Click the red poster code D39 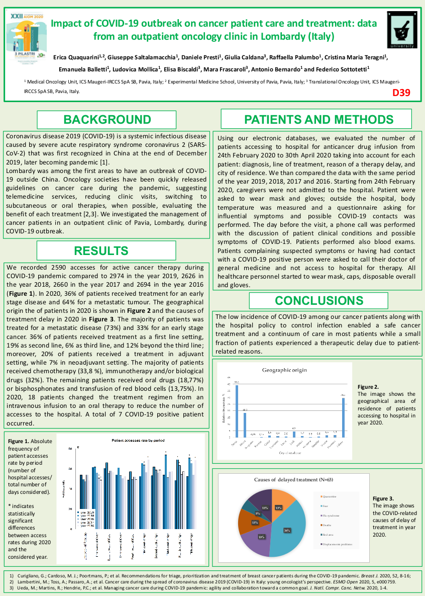[x=401, y=92]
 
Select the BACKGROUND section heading [x=107, y=120]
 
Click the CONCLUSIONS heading [x=318, y=301]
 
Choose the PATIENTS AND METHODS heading [x=318, y=120]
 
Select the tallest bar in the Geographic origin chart [x=237, y=410]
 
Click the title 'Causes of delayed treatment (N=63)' [x=290, y=479]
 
